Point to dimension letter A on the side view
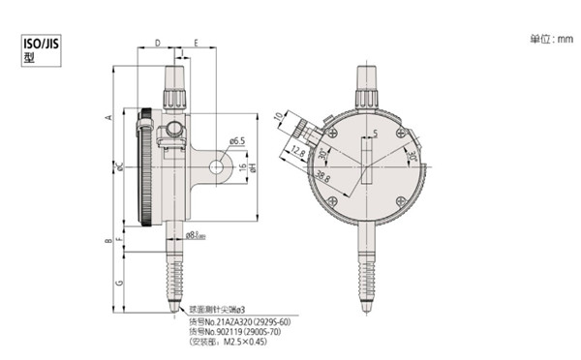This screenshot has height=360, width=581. [x=109, y=116]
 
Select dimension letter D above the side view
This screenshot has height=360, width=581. [x=157, y=43]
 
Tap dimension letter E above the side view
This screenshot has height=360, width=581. [x=197, y=43]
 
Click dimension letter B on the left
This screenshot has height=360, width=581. [x=109, y=238]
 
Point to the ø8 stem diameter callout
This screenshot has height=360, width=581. [x=193, y=234]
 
